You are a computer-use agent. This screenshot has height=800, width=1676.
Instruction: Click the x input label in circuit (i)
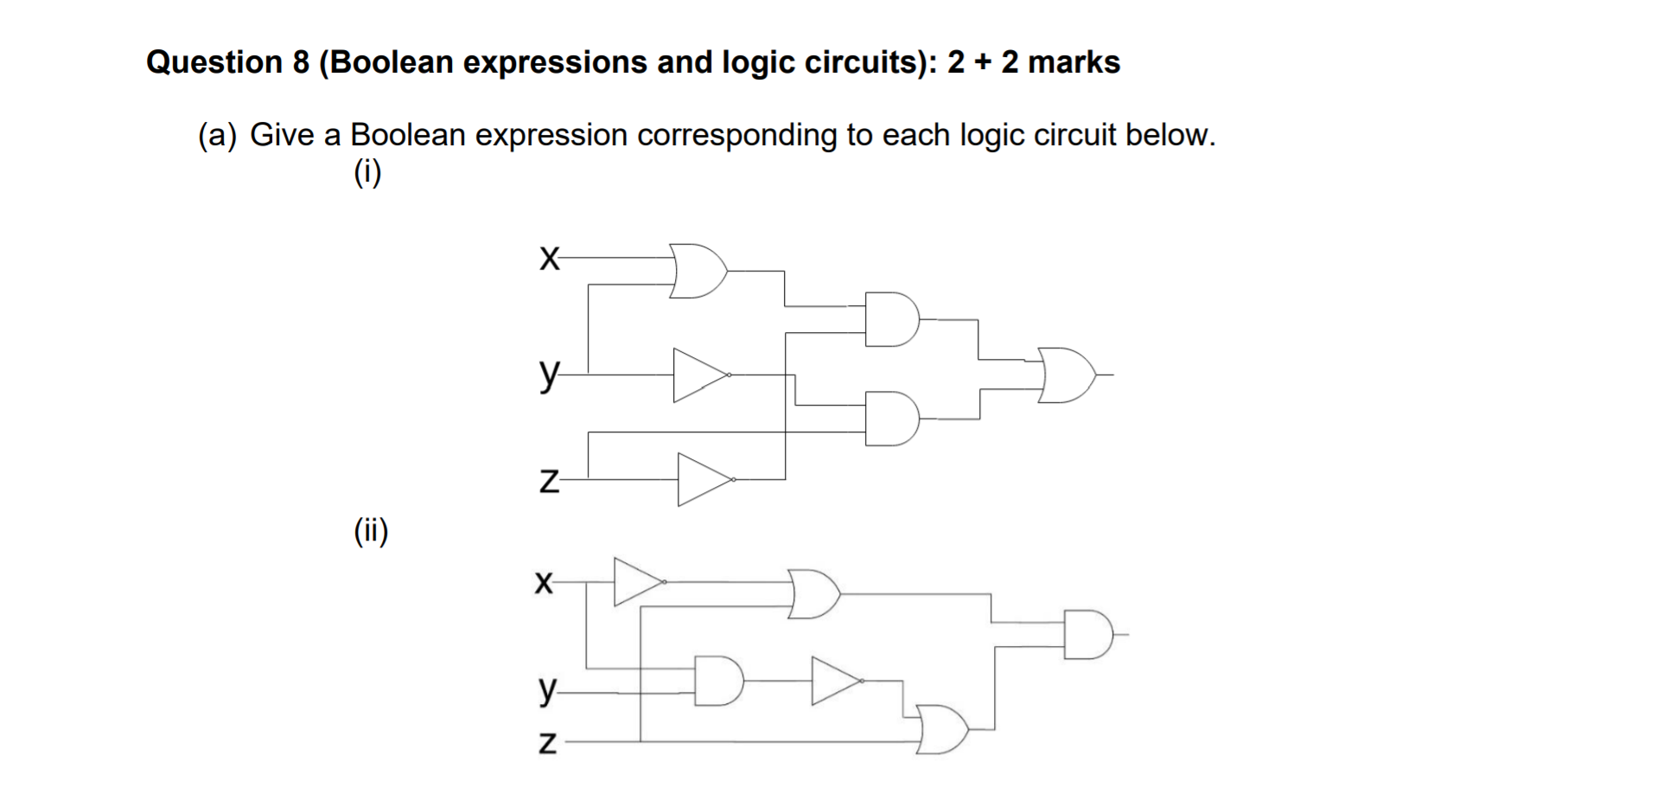pyautogui.click(x=547, y=258)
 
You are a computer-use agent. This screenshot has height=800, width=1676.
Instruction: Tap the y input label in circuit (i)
pyautogui.click(x=548, y=374)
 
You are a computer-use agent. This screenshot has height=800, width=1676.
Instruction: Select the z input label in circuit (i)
pyautogui.click(x=548, y=480)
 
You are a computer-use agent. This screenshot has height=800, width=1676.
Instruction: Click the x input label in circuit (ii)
pyautogui.click(x=544, y=582)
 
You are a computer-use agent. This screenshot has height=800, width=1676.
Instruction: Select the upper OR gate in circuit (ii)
pyautogui.click(x=813, y=594)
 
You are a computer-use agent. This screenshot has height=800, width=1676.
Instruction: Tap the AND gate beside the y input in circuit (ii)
pyautogui.click(x=718, y=681)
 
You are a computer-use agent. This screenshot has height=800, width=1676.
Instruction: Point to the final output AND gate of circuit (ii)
pyautogui.click(x=1088, y=634)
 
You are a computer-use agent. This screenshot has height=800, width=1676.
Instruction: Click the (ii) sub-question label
pyautogui.click(x=371, y=530)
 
